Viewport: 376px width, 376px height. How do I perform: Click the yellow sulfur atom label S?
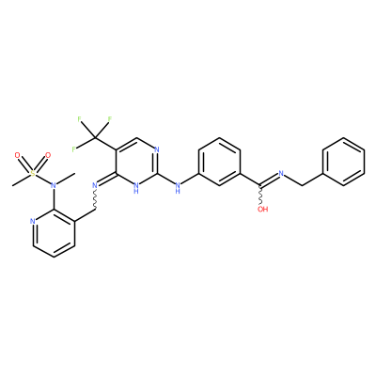coord(33,173)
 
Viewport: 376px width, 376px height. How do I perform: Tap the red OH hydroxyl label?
coord(262,210)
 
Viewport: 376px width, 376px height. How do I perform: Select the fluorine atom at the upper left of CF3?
coord(79,119)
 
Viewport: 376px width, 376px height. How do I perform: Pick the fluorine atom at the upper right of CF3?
coord(110,119)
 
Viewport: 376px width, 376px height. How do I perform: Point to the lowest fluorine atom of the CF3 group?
coord(73,149)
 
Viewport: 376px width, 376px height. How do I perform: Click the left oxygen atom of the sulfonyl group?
coord(18,155)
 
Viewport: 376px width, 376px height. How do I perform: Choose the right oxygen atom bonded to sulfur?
coord(48,155)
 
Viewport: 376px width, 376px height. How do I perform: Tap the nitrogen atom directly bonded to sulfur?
coord(54,185)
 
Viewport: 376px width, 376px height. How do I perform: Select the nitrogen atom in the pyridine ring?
coord(33,221)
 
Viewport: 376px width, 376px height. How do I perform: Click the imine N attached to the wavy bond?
coord(95,185)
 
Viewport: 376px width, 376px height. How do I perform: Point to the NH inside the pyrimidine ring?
coord(136,187)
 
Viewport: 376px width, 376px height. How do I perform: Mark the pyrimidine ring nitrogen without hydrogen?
coord(157,149)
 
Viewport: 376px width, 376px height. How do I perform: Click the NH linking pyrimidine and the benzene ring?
coord(178,187)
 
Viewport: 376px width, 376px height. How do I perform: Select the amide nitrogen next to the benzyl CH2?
coord(281,173)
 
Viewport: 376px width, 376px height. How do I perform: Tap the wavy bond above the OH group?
coord(260,196)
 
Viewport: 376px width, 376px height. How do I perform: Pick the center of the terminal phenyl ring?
coord(344,162)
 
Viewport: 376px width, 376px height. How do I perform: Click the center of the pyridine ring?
coord(54,233)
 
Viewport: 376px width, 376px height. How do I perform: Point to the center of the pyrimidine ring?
coord(136,162)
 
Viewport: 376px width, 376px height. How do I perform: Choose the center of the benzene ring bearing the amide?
coord(219,162)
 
